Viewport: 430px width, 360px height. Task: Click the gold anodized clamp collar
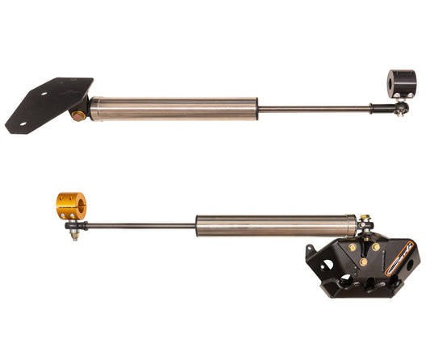69,205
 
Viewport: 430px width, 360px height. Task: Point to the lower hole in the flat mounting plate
23,124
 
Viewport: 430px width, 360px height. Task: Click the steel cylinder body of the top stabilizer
173,108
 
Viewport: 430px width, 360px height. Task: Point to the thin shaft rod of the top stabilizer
315,108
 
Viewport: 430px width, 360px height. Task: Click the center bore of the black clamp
395,82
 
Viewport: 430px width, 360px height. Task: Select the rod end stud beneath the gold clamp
73,234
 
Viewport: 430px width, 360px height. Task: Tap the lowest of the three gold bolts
362,262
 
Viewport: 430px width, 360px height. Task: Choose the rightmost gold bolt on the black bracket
375,247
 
